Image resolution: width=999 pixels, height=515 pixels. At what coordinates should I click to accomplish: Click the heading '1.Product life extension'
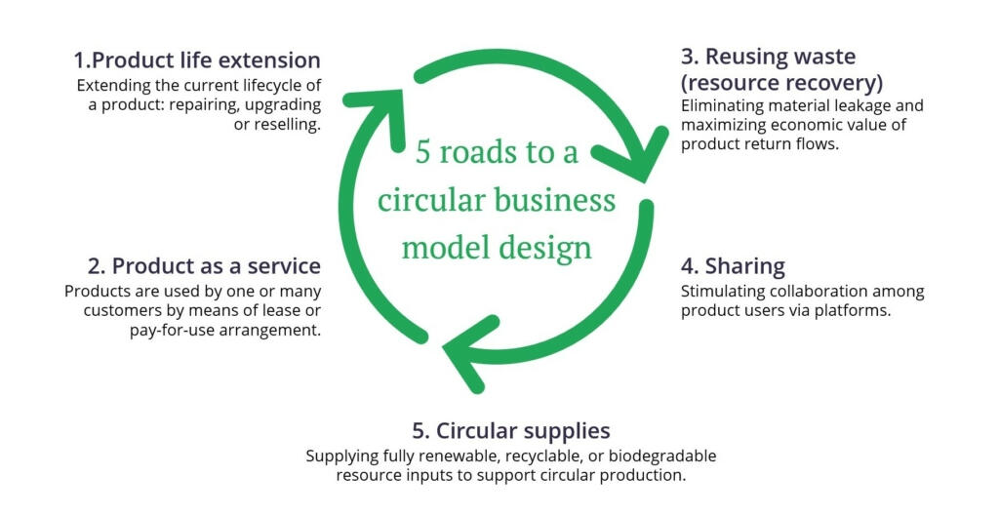197,59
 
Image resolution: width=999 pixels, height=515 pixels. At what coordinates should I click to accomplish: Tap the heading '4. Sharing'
733,265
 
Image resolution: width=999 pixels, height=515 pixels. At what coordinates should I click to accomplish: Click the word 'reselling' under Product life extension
281,126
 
